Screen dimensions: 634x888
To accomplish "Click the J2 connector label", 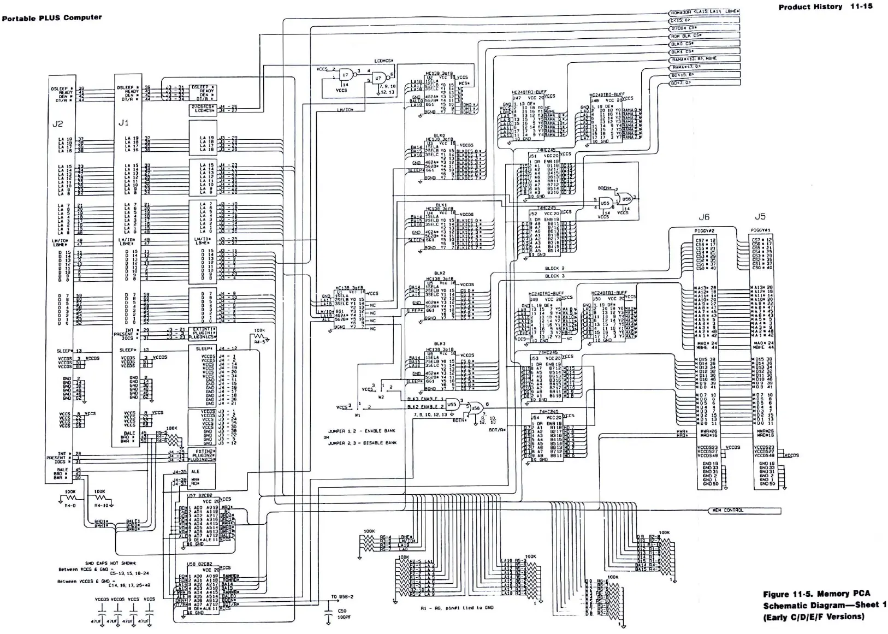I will [57, 124].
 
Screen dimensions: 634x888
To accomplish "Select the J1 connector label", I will [123, 123].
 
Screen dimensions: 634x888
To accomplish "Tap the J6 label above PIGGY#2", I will [704, 217].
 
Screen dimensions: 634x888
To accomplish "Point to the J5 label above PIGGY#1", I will [760, 217].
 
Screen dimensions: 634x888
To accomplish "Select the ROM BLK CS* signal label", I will [686, 35].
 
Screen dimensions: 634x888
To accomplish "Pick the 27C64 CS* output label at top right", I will [685, 28].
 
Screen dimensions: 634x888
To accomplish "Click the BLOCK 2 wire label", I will [555, 269].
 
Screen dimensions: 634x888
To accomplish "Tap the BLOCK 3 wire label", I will [555, 276].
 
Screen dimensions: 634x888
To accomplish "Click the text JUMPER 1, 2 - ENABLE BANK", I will [361, 431].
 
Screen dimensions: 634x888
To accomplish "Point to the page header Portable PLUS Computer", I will [52, 17].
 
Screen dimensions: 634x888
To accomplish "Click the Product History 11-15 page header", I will [825, 7].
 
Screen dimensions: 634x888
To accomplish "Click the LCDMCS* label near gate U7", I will [384, 61].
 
